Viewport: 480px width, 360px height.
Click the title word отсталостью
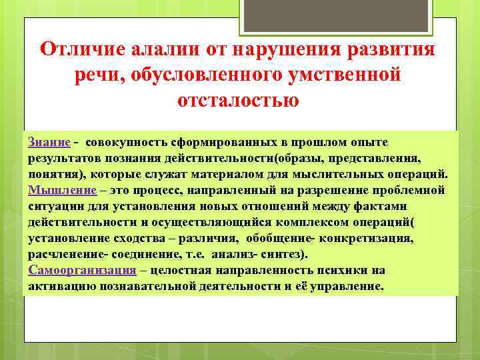tap(238, 101)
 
